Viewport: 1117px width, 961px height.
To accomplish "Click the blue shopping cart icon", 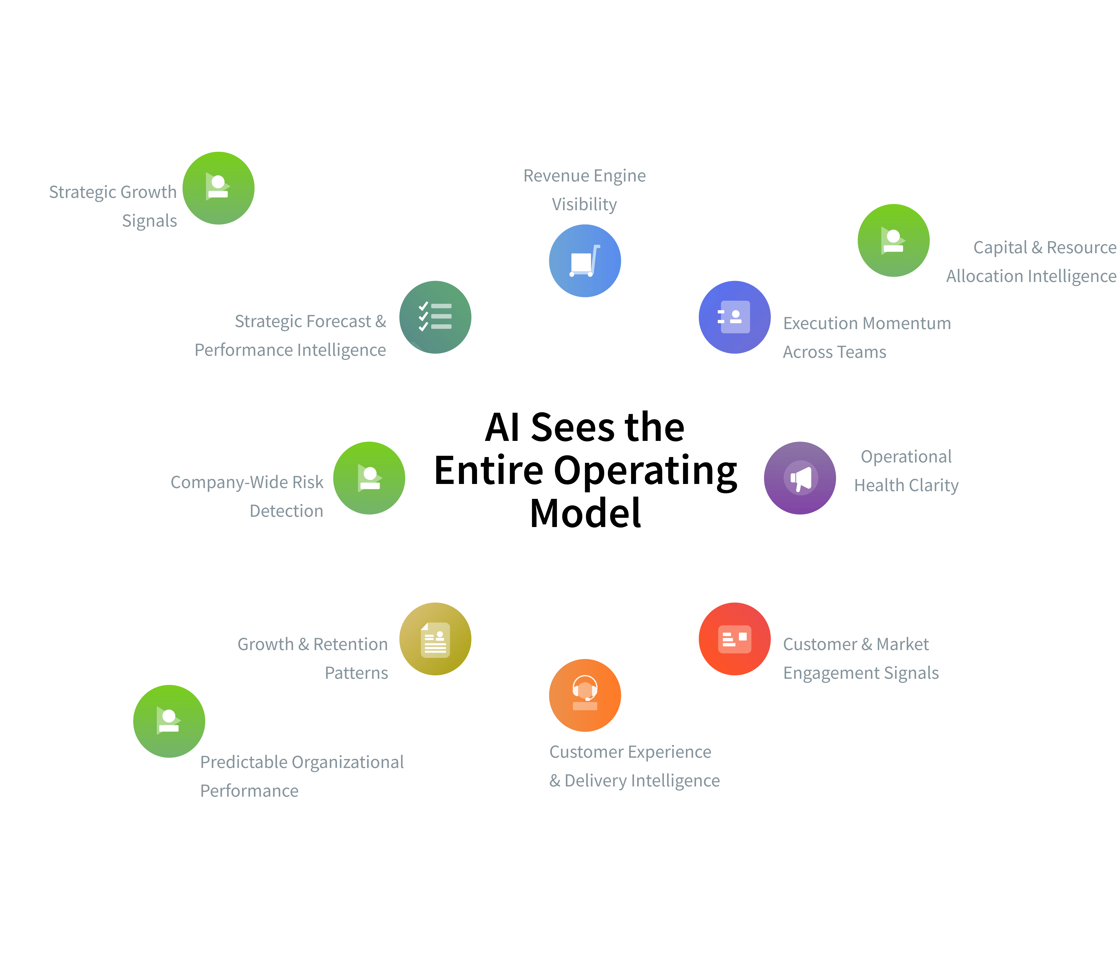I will (585, 261).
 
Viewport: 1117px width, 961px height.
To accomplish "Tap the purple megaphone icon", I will (800, 478).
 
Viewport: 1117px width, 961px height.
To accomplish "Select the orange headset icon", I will (585, 695).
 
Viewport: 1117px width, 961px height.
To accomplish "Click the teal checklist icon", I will (435, 317).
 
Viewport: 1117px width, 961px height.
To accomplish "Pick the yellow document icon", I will (435, 639).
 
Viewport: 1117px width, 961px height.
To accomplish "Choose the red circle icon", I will (735, 639).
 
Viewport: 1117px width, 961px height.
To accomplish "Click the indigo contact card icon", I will (735, 317).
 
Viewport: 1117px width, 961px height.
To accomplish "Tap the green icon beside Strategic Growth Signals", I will (218, 188).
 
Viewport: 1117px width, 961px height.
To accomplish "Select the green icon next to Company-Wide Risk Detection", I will (369, 478).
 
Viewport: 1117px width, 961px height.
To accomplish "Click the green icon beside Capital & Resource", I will (893, 240).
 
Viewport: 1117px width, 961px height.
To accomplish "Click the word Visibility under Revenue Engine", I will (584, 204).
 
